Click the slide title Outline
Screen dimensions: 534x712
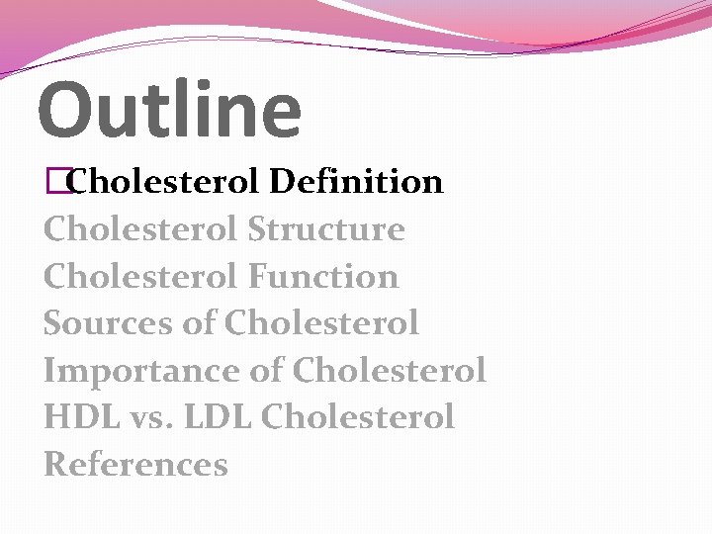click(169, 109)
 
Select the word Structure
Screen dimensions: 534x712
click(326, 229)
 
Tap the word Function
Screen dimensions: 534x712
click(323, 276)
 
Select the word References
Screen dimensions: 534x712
click(135, 464)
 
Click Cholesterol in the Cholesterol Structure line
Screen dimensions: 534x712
click(140, 229)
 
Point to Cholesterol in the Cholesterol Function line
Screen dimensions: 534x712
click(140, 276)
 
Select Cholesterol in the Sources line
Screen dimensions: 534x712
click(321, 322)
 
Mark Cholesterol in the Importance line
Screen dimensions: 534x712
click(390, 370)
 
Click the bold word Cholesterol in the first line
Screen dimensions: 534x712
click(165, 182)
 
